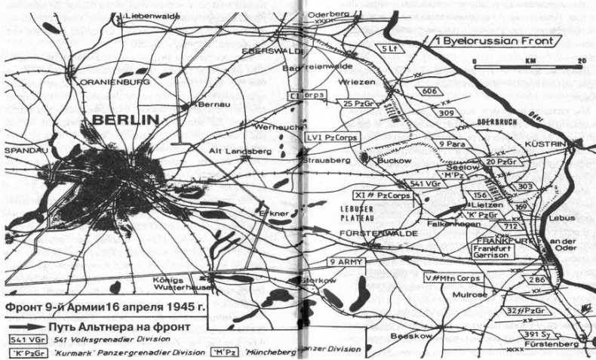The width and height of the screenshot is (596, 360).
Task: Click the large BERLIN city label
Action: tap(125, 119)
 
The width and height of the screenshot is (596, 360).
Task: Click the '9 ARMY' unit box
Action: tap(346, 262)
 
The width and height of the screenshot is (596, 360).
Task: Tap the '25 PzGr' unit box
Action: tap(359, 103)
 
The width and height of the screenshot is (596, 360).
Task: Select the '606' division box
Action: tap(430, 91)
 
